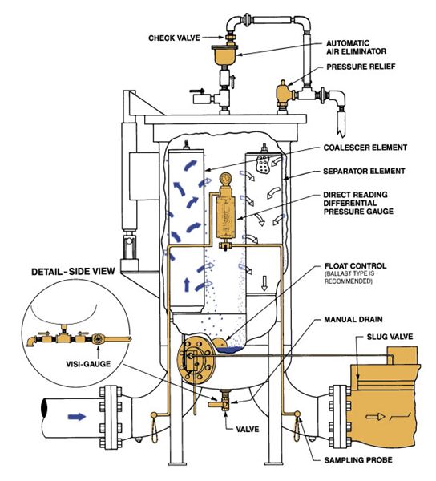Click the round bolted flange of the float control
(x=193, y=358)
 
